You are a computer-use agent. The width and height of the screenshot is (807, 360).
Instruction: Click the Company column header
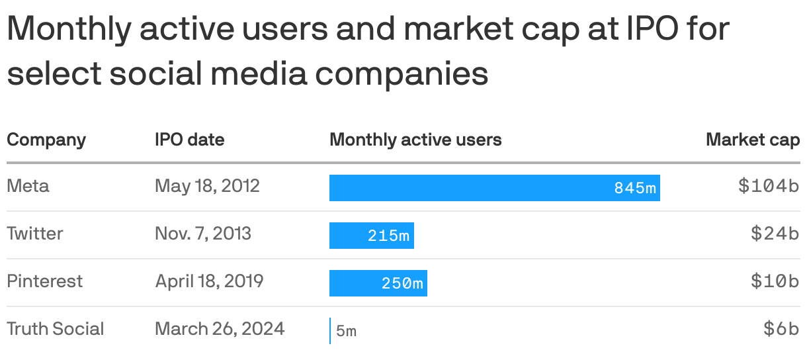tap(46, 140)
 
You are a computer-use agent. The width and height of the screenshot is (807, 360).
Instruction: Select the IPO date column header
tap(189, 140)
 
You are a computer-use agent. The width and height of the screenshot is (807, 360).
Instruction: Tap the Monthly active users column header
tap(415, 140)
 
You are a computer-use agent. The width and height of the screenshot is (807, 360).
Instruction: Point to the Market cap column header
tap(753, 140)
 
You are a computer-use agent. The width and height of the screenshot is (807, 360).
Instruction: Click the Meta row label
tap(28, 186)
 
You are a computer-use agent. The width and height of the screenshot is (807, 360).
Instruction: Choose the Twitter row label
tap(35, 234)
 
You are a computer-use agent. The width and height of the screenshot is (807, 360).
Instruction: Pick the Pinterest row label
tap(45, 281)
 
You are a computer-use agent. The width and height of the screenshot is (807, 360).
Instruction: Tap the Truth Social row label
tap(56, 329)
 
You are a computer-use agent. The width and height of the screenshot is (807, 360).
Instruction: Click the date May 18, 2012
tap(207, 186)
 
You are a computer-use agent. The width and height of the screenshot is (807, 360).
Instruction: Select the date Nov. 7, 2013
tap(203, 234)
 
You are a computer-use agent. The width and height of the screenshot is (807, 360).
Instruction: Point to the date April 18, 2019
tap(209, 281)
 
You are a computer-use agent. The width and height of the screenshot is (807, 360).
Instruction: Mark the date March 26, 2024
tap(220, 329)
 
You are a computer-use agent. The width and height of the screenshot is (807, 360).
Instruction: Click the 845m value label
tap(635, 189)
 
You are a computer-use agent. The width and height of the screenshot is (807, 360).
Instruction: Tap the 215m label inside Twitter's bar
tap(389, 236)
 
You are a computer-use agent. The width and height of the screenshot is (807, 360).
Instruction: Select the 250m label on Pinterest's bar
tap(402, 284)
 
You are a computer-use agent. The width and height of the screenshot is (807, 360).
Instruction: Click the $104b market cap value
tap(769, 187)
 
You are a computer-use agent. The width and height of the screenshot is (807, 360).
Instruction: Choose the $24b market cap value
tap(775, 234)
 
